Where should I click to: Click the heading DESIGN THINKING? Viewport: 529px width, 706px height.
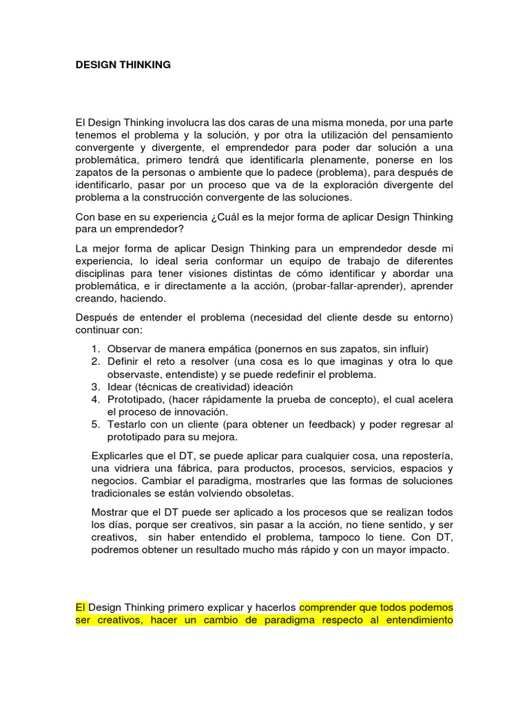click(123, 65)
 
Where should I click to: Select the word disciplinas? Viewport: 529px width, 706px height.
click(103, 274)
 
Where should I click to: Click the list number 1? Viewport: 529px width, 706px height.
click(96, 349)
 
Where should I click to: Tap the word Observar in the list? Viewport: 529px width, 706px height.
click(131, 349)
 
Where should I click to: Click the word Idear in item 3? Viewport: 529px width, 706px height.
click(120, 387)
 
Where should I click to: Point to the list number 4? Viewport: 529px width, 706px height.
click(96, 399)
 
